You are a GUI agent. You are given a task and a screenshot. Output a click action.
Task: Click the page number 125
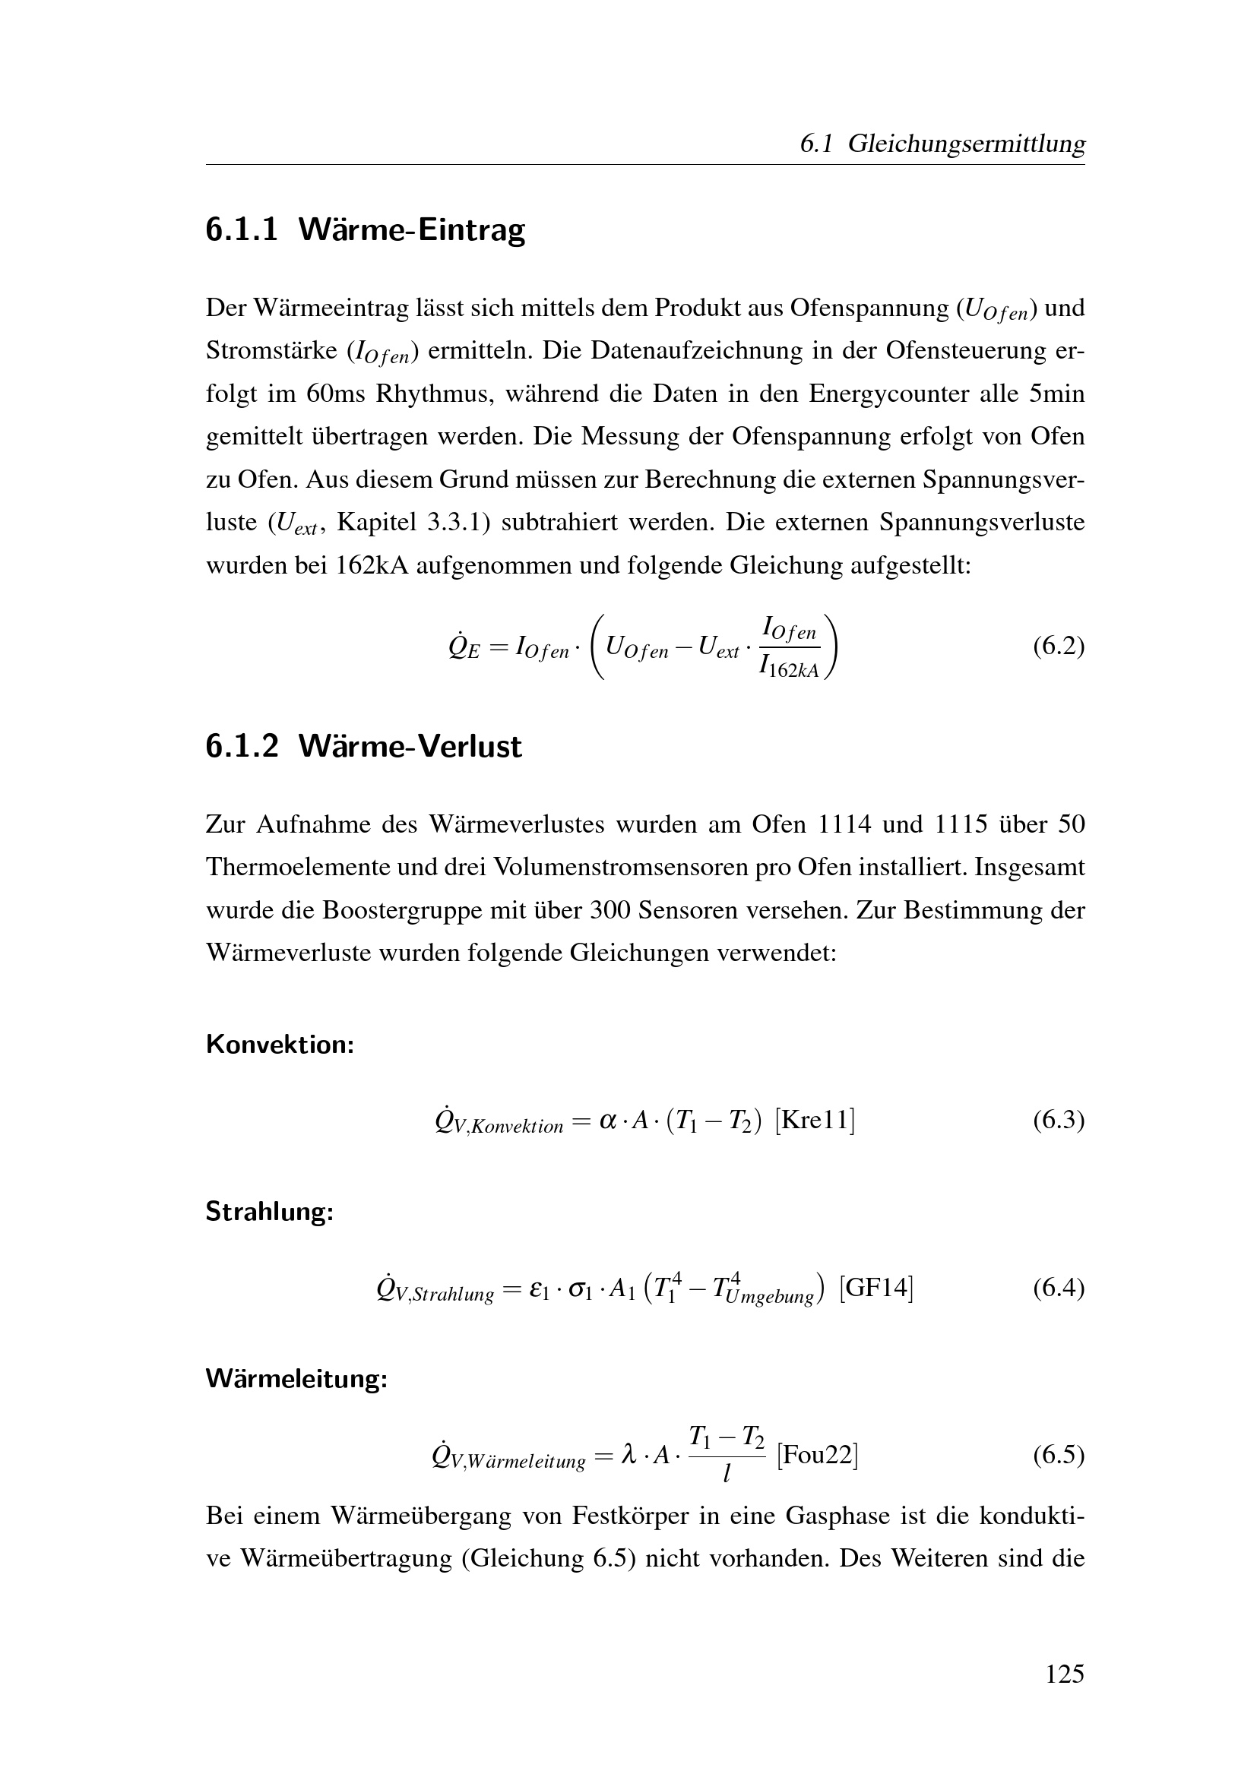(x=1064, y=1674)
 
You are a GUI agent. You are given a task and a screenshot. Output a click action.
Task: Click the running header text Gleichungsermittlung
(x=966, y=144)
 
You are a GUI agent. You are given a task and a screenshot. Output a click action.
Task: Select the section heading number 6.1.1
(x=242, y=230)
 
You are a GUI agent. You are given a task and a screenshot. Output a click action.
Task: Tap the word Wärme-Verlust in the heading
(x=410, y=746)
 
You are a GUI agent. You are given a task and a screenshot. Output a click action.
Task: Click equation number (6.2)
(x=1058, y=647)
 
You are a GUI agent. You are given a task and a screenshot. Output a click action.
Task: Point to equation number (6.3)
(x=1058, y=1120)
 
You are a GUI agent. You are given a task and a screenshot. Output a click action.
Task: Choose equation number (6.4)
(x=1058, y=1288)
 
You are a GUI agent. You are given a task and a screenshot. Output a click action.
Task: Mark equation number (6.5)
(x=1058, y=1455)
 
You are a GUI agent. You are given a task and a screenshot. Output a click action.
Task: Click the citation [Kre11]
(x=814, y=1120)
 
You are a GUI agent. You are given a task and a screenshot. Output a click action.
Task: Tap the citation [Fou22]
(x=816, y=1456)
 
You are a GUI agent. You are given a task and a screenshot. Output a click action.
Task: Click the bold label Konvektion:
(x=280, y=1045)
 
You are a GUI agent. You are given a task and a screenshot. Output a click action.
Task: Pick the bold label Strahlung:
(x=269, y=1212)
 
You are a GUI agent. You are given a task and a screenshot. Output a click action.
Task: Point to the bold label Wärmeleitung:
(x=296, y=1378)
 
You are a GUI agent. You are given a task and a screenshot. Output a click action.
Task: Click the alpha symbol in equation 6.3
(x=609, y=1121)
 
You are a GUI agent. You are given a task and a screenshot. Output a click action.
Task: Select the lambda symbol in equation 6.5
(x=629, y=1456)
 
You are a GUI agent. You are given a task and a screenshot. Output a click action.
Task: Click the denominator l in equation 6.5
(x=726, y=1475)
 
